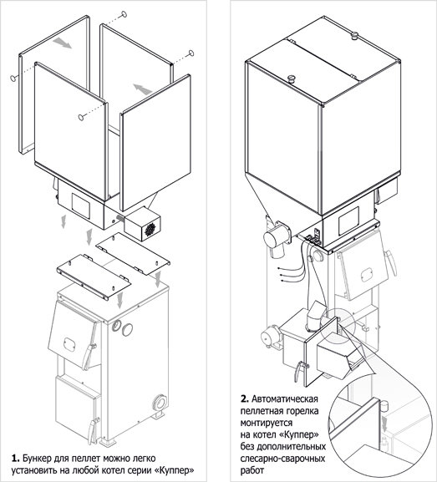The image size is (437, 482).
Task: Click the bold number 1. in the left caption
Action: point(15,459)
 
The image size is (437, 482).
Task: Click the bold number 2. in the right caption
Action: point(245,399)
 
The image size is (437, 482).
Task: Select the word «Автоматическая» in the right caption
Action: point(285,399)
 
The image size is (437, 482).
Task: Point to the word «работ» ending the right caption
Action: point(252,470)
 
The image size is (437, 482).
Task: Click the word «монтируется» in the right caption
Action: point(267,423)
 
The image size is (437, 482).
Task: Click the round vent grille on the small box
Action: point(150,229)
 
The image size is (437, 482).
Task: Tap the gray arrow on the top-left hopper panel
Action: point(62,43)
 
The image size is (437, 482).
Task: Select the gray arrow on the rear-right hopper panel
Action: point(143,89)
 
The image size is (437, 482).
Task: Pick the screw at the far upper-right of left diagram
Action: point(191,53)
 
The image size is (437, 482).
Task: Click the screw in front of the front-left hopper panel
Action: point(81,117)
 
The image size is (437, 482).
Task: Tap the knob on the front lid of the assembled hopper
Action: point(291,79)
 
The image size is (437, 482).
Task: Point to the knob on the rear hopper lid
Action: point(355,36)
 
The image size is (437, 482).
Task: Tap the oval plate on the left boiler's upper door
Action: point(69,343)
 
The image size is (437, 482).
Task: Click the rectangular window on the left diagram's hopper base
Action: point(81,205)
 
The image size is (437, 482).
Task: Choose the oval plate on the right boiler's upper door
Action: point(367,274)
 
